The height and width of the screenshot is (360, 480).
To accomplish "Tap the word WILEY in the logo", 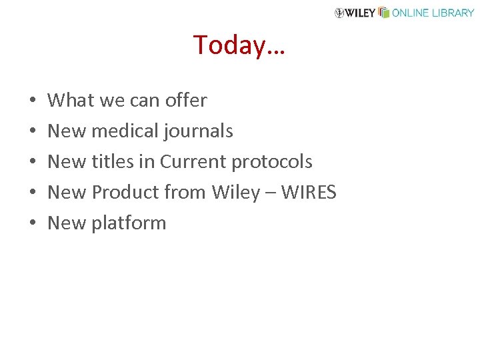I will [361, 13].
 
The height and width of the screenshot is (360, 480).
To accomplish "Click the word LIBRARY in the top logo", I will [451, 13].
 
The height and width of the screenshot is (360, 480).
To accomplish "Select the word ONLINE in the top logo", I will [409, 13].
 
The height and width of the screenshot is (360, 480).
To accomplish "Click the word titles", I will [113, 162].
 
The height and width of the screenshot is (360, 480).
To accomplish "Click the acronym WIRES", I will [309, 193].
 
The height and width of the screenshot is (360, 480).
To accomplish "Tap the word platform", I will [129, 223].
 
